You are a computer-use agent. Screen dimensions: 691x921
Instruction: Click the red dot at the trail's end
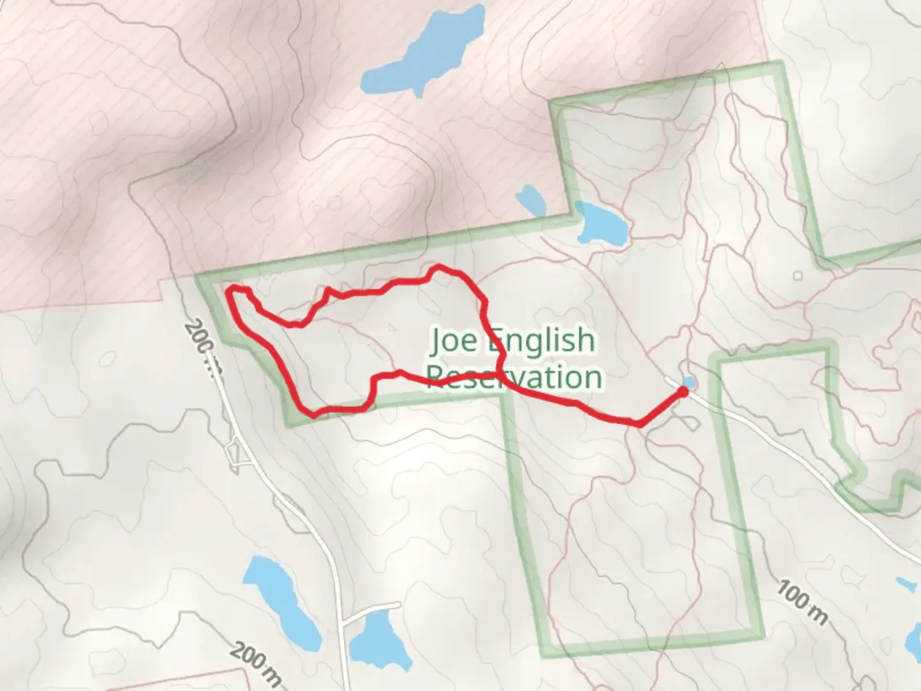[683, 391]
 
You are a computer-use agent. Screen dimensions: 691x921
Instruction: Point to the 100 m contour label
[803, 603]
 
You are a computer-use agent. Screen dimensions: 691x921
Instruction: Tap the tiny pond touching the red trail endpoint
[689, 383]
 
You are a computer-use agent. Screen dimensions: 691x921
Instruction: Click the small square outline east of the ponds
[798, 276]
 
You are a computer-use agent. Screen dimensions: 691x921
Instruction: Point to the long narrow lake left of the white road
[281, 598]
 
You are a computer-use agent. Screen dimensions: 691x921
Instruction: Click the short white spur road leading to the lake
[371, 610]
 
